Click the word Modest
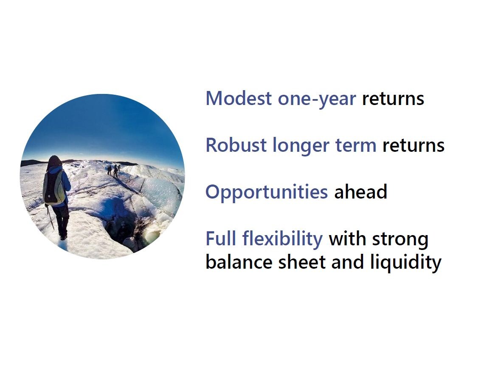tap(239, 98)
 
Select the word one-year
tap(317, 99)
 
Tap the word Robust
tap(236, 145)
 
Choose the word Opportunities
tap(267, 193)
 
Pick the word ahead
tap(360, 192)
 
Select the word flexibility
tap(282, 239)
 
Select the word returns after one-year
tap(393, 99)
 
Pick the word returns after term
tap(414, 146)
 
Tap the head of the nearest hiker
tap(55, 161)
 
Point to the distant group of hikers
tap(114, 170)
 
